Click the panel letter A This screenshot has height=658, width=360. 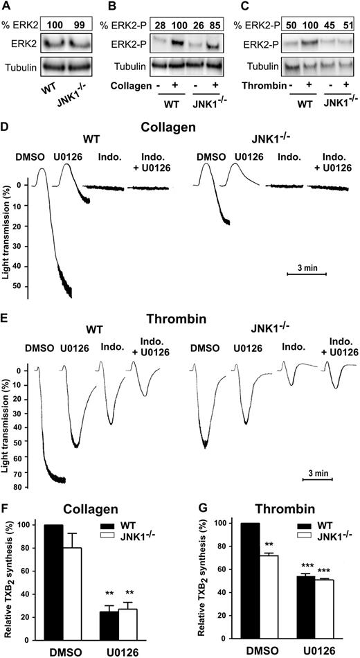pos(7,6)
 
